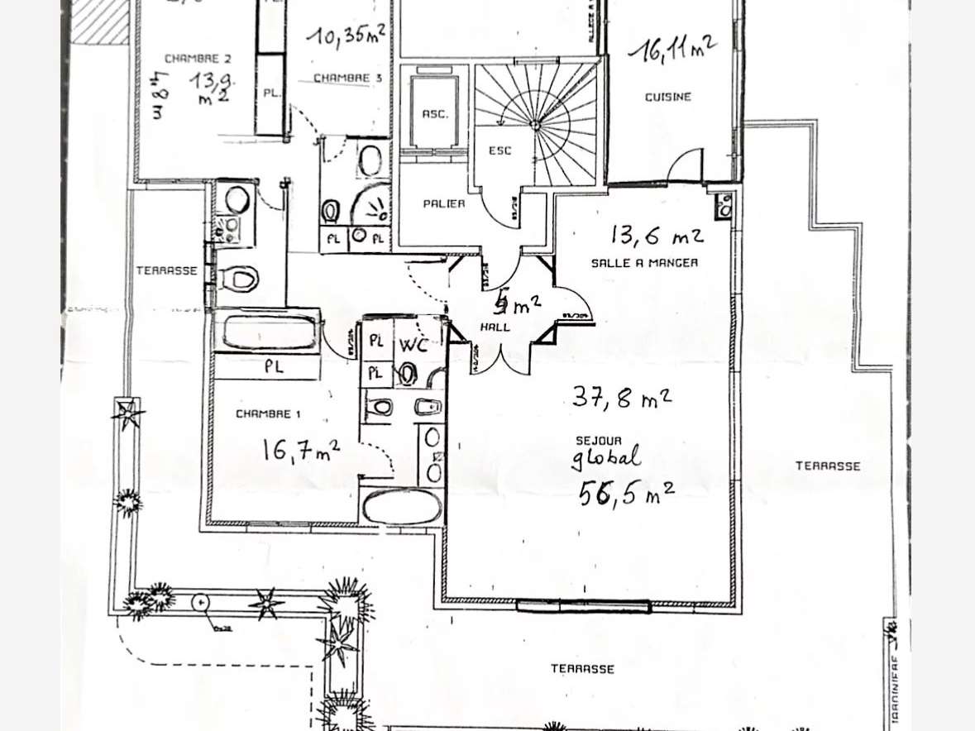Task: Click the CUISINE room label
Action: coord(667,97)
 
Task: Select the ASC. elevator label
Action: coord(435,114)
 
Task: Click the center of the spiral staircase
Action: coord(536,125)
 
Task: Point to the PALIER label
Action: coord(444,203)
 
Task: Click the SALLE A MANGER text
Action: coord(644,263)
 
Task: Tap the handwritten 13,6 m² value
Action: coord(657,236)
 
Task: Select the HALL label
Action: coord(495,327)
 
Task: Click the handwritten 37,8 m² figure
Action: coord(621,398)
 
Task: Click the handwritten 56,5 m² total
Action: coord(626,493)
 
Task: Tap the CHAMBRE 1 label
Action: coord(263,413)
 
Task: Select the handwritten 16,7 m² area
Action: coord(300,451)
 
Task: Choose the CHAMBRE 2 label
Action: coord(192,59)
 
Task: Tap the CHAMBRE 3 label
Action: coord(342,78)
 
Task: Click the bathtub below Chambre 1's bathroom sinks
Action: coord(403,507)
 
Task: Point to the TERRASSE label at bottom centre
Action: coord(582,668)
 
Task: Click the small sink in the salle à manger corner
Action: coord(724,206)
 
